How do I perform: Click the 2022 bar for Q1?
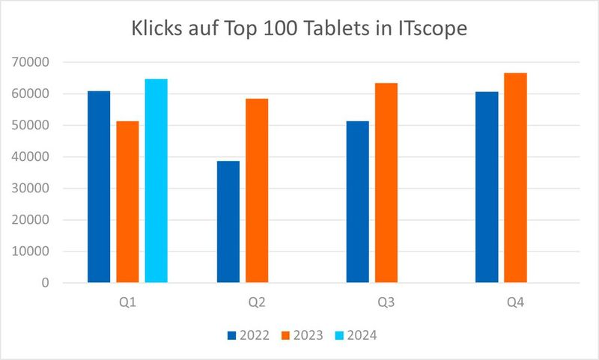pyautogui.click(x=99, y=187)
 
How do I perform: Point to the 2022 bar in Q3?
pyautogui.click(x=358, y=202)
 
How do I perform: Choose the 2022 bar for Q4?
pyautogui.click(x=487, y=187)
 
